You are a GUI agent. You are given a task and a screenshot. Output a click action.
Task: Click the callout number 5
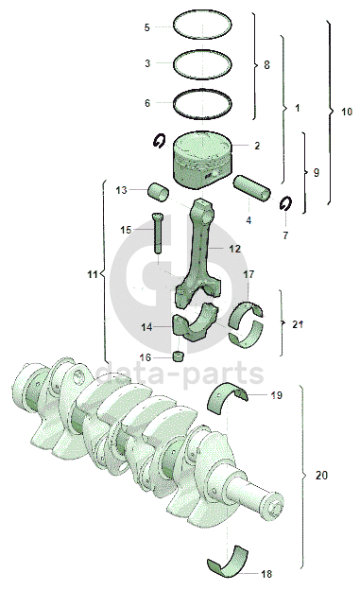click(x=146, y=27)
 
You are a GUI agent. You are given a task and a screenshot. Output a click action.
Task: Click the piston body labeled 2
click(x=202, y=160)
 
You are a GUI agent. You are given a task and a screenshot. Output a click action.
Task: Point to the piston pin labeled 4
click(x=252, y=188)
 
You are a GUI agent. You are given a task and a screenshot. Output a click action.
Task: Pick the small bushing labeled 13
click(x=158, y=192)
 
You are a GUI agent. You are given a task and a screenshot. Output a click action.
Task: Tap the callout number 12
click(x=235, y=249)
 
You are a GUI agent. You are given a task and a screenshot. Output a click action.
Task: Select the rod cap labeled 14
click(x=195, y=322)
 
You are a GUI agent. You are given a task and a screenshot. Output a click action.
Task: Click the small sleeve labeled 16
click(x=178, y=356)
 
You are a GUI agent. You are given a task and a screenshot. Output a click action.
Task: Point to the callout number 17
click(x=249, y=274)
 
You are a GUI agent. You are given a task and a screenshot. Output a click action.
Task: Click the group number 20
click(x=321, y=475)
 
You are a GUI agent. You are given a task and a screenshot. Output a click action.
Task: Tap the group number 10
click(x=347, y=112)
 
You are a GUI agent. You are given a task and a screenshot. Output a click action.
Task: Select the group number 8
click(x=266, y=64)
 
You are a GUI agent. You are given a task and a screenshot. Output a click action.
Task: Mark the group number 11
click(x=93, y=274)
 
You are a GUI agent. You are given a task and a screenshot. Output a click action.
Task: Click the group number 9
click(x=317, y=172)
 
